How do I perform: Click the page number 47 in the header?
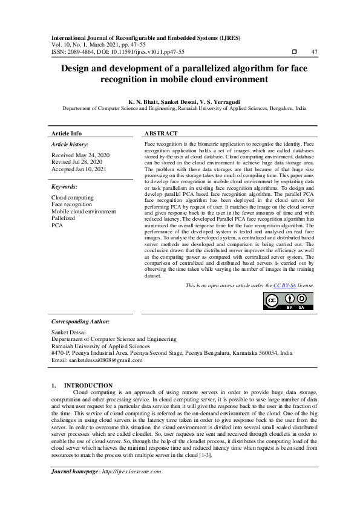coord(314,53)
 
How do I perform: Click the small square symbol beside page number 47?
coord(294,53)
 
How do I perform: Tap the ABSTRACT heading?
coord(161,133)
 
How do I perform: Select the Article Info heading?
coord(67,133)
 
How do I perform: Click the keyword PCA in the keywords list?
coord(57,225)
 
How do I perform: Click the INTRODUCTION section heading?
coord(88,385)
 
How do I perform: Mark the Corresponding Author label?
coord(78,321)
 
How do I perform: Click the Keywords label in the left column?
coord(65,187)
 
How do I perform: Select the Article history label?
coord(70,145)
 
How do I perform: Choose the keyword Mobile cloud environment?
coord(83,212)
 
